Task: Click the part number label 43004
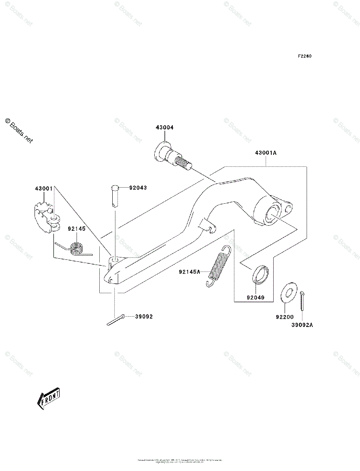(164, 128)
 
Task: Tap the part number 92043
(138, 188)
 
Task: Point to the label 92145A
(190, 272)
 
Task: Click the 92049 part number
(255, 298)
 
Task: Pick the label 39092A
(302, 325)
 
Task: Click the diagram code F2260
(304, 56)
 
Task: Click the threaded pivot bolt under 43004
(171, 157)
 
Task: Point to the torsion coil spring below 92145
(76, 248)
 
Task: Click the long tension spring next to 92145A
(219, 265)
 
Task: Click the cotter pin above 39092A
(302, 300)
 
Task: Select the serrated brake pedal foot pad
(45, 216)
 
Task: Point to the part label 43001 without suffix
(44, 189)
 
